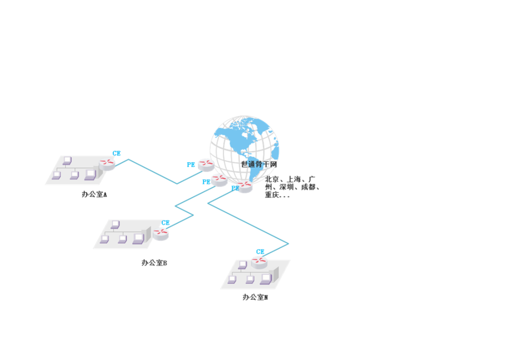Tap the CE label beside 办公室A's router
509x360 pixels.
[117, 154]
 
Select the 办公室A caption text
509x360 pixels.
[94, 195]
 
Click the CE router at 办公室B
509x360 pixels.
[161, 232]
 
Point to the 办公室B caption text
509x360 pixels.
[154, 263]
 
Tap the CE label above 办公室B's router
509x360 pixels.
[166, 223]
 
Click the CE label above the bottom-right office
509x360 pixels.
[260, 252]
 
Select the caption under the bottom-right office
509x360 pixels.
[255, 297]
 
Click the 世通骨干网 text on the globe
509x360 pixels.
[259, 164]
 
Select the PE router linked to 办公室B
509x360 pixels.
[219, 180]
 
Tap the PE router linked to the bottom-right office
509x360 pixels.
[244, 186]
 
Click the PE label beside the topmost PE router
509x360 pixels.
[191, 165]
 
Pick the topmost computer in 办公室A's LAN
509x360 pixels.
[67, 160]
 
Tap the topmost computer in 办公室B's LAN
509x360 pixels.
[115, 224]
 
